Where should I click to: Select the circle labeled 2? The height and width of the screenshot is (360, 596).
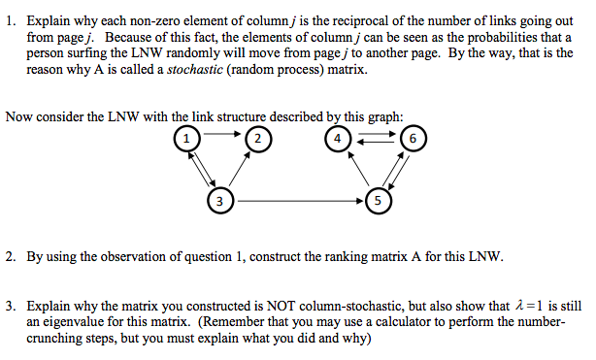(257, 138)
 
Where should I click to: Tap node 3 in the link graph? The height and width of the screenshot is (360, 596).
(221, 202)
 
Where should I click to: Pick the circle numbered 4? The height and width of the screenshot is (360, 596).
(337, 138)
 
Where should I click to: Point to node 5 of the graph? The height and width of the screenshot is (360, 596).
(378, 202)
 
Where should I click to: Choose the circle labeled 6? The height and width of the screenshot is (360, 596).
(414, 138)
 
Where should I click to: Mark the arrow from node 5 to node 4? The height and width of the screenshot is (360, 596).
(356, 169)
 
